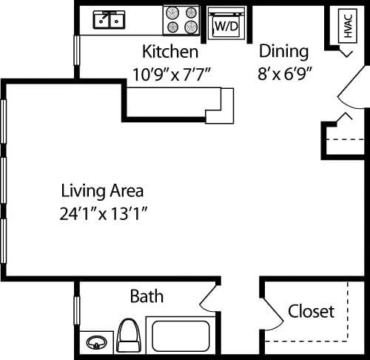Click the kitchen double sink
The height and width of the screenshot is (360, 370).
pos(109,21)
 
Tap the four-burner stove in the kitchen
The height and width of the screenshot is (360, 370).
pos(182,20)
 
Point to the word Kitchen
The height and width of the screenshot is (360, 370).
pos(170,53)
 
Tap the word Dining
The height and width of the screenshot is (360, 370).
pos(283,52)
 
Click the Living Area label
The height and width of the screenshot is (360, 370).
pos(102,190)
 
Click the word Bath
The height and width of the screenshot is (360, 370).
pos(147,297)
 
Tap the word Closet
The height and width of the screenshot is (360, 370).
pos(311,311)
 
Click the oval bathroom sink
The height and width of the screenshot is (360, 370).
pos(96,343)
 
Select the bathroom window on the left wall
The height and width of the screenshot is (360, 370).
pos(76,309)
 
